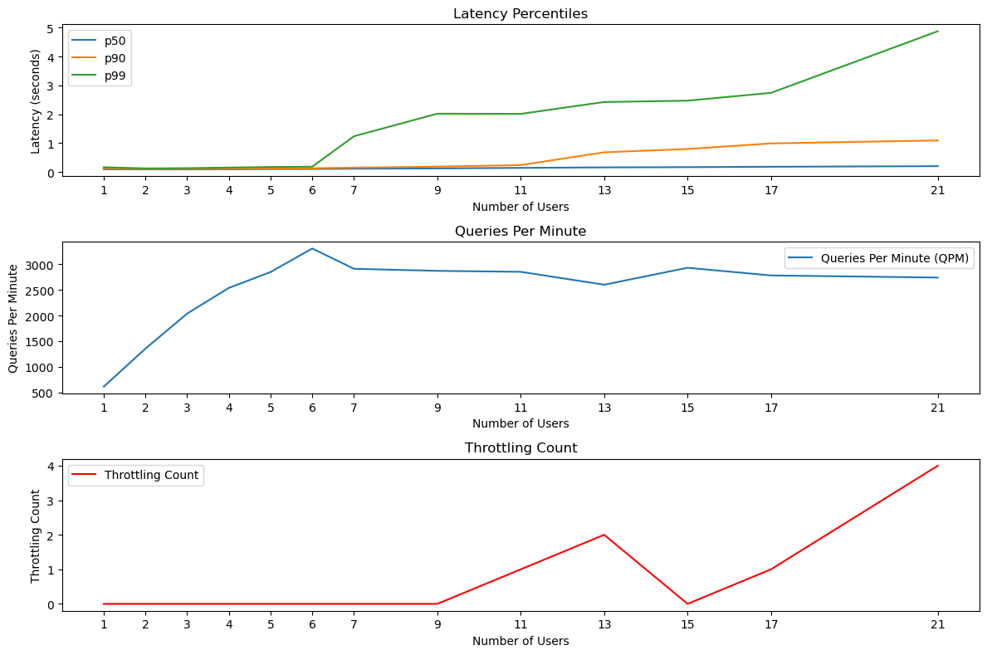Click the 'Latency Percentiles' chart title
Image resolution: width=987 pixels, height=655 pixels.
pos(520,13)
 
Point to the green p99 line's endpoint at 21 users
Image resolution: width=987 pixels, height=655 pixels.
pos(938,32)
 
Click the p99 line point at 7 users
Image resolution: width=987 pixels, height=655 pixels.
pos(354,136)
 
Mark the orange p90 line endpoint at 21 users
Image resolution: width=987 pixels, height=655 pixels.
pos(938,140)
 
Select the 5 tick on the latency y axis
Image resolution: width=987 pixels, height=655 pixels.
pos(51,28)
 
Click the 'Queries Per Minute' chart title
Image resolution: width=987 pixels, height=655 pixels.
pos(520,232)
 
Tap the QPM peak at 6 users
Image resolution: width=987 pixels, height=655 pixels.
pos(312,248)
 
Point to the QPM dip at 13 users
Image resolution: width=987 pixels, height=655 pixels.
pos(604,285)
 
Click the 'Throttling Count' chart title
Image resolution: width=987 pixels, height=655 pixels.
pos(520,448)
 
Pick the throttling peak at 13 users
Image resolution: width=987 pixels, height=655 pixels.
pos(604,535)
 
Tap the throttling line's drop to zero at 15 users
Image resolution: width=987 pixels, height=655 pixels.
pos(687,604)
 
